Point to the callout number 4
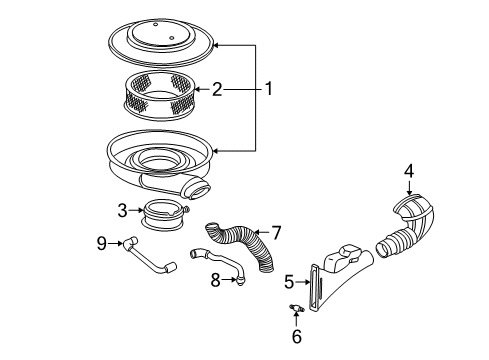click(x=408, y=171)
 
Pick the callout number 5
click(x=289, y=282)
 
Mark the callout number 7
click(x=277, y=233)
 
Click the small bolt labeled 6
click(x=297, y=310)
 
